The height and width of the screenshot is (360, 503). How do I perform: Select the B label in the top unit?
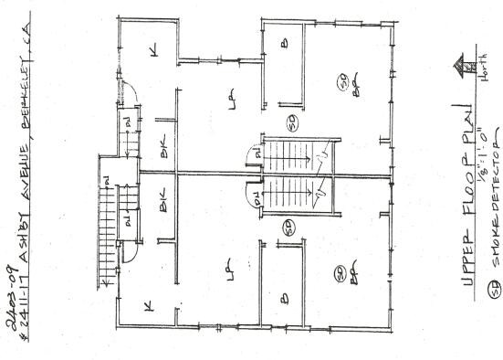284,43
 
